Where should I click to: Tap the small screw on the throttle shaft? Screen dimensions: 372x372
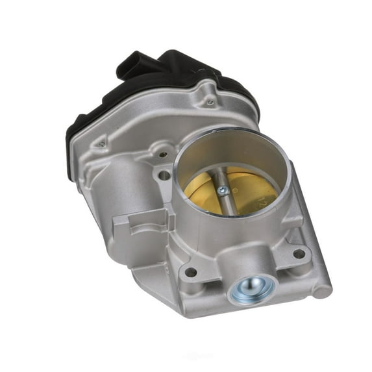pyautogui.click(x=223, y=190)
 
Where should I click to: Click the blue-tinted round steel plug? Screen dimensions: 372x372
pyautogui.click(x=250, y=286)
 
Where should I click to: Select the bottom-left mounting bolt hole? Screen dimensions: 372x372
pyautogui.click(x=191, y=272)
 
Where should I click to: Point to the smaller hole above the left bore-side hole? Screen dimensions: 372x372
pyautogui.click(x=162, y=155)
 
